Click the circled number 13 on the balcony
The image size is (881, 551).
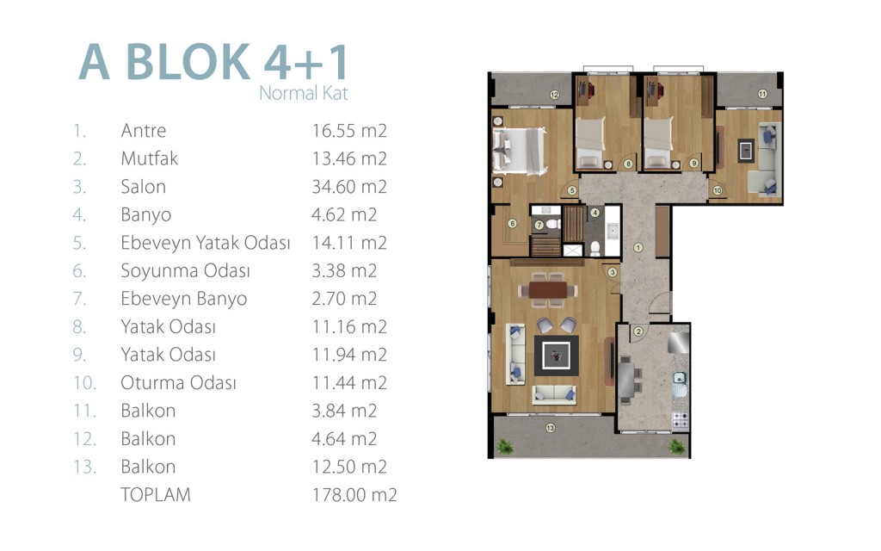coord(550,428)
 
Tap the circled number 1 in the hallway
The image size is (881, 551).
coord(638,247)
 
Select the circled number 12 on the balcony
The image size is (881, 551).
coord(554,95)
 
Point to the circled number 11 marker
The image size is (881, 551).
coord(762,94)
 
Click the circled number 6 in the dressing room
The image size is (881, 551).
coord(512,223)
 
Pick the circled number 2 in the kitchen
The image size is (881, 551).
coord(638,331)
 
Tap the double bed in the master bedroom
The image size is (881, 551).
coord(519,151)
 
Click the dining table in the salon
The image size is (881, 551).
coord(548,290)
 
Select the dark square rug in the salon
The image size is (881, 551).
coord(557,356)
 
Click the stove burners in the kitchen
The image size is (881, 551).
coord(681,420)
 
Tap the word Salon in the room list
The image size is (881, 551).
coord(144,187)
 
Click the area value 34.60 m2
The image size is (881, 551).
coord(349,187)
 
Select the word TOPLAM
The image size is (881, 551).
coord(156,495)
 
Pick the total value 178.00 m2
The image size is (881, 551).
coord(354,495)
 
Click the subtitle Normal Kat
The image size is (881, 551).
coord(304,93)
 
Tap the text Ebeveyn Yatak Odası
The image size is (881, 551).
coord(206,243)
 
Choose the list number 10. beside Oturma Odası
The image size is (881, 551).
coord(85,383)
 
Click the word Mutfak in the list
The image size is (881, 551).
coord(150,158)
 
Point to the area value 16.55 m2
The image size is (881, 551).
coord(349,131)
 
